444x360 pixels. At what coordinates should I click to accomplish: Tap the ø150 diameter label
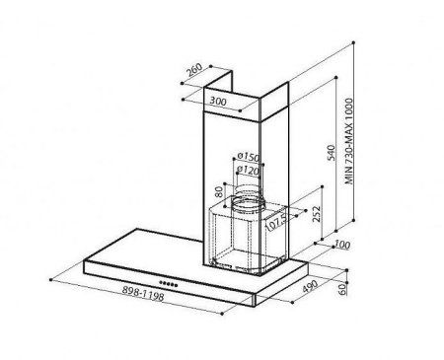click(249, 157)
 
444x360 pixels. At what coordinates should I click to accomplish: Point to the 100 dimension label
click(341, 245)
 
